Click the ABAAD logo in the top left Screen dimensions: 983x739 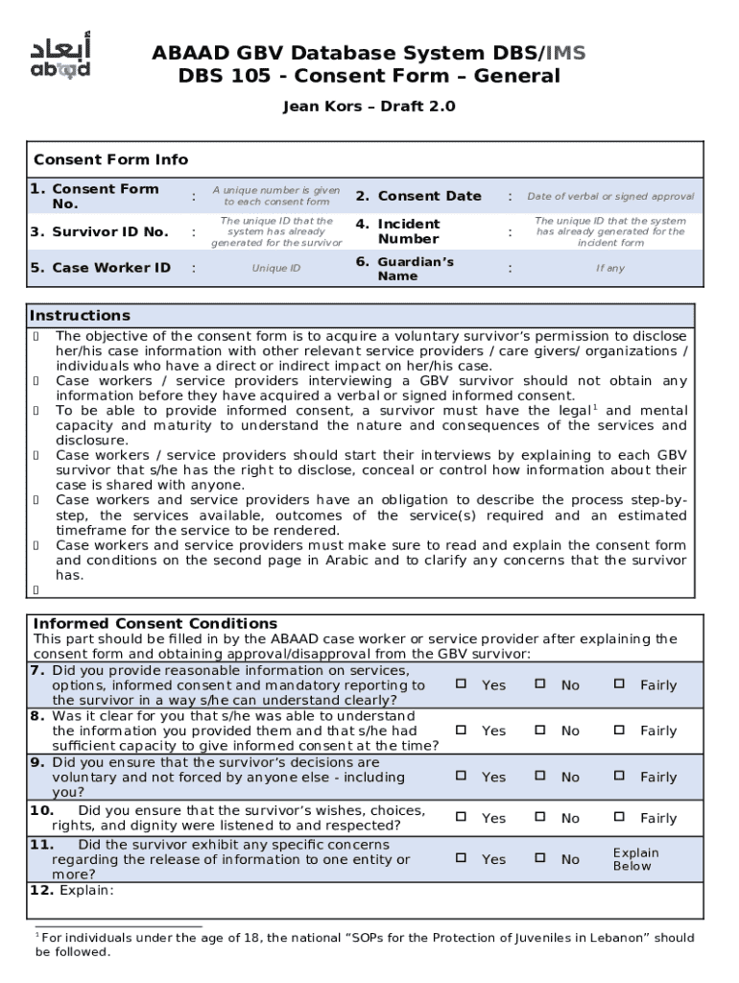[x=60, y=58]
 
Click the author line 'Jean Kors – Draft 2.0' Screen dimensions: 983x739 [x=369, y=107]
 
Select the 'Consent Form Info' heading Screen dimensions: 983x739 [x=110, y=159]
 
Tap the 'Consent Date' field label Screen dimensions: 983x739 [x=429, y=196]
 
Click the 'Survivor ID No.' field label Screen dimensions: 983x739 [x=99, y=231]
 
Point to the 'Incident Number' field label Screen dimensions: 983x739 [x=408, y=231]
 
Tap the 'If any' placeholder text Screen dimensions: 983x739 [x=609, y=269]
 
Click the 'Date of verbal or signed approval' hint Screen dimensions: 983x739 [x=610, y=197]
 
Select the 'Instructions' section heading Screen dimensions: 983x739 [x=80, y=316]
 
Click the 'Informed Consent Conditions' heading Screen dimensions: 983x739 [x=155, y=624]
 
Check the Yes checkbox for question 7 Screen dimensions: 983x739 [x=461, y=684]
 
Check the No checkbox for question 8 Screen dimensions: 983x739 [x=540, y=730]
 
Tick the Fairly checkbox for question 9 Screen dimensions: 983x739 [x=620, y=776]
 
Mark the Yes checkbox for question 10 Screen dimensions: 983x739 [x=461, y=817]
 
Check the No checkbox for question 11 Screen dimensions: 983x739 [x=540, y=858]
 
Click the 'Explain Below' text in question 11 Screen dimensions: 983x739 [x=635, y=859]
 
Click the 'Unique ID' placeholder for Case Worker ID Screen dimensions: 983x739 [x=276, y=269]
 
